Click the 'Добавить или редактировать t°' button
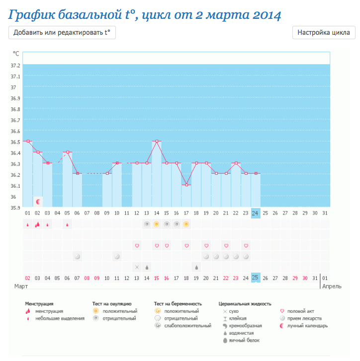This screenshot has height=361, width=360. [62, 33]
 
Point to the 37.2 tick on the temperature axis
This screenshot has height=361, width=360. [15, 66]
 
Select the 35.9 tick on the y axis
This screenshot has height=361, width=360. [15, 208]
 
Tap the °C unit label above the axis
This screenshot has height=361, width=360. [16, 53]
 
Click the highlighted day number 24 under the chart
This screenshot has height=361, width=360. [256, 213]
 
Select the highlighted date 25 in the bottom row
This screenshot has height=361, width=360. [256, 278]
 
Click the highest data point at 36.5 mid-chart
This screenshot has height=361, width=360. [157, 141]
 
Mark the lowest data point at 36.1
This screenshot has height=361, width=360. [186, 185]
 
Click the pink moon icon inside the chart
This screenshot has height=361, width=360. [38, 202]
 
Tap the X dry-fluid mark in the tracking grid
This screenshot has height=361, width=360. [137, 267]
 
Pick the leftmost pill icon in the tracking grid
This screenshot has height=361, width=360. [77, 256]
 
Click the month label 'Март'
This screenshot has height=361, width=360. [20, 287]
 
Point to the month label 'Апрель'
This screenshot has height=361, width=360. [332, 287]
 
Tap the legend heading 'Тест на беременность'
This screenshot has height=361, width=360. [178, 303]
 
